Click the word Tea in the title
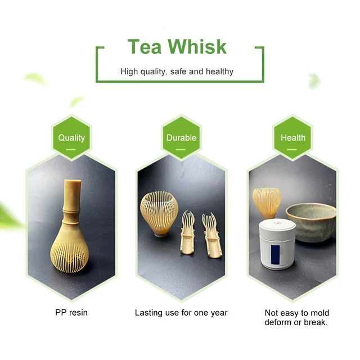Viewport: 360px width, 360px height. pyautogui.click(x=145, y=46)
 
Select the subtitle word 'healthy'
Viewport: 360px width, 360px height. pyautogui.click(x=219, y=71)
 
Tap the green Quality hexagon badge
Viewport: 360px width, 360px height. pyautogui.click(x=71, y=138)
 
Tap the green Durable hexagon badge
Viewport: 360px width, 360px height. pyautogui.click(x=181, y=138)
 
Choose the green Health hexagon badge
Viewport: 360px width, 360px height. pyautogui.click(x=293, y=138)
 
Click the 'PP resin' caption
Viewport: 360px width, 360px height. pyautogui.click(x=71, y=313)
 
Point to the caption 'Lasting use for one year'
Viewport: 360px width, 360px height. pyautogui.click(x=181, y=313)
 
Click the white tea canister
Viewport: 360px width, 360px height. pyautogui.click(x=277, y=245)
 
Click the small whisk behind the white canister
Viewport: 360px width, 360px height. pyautogui.click(x=266, y=202)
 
